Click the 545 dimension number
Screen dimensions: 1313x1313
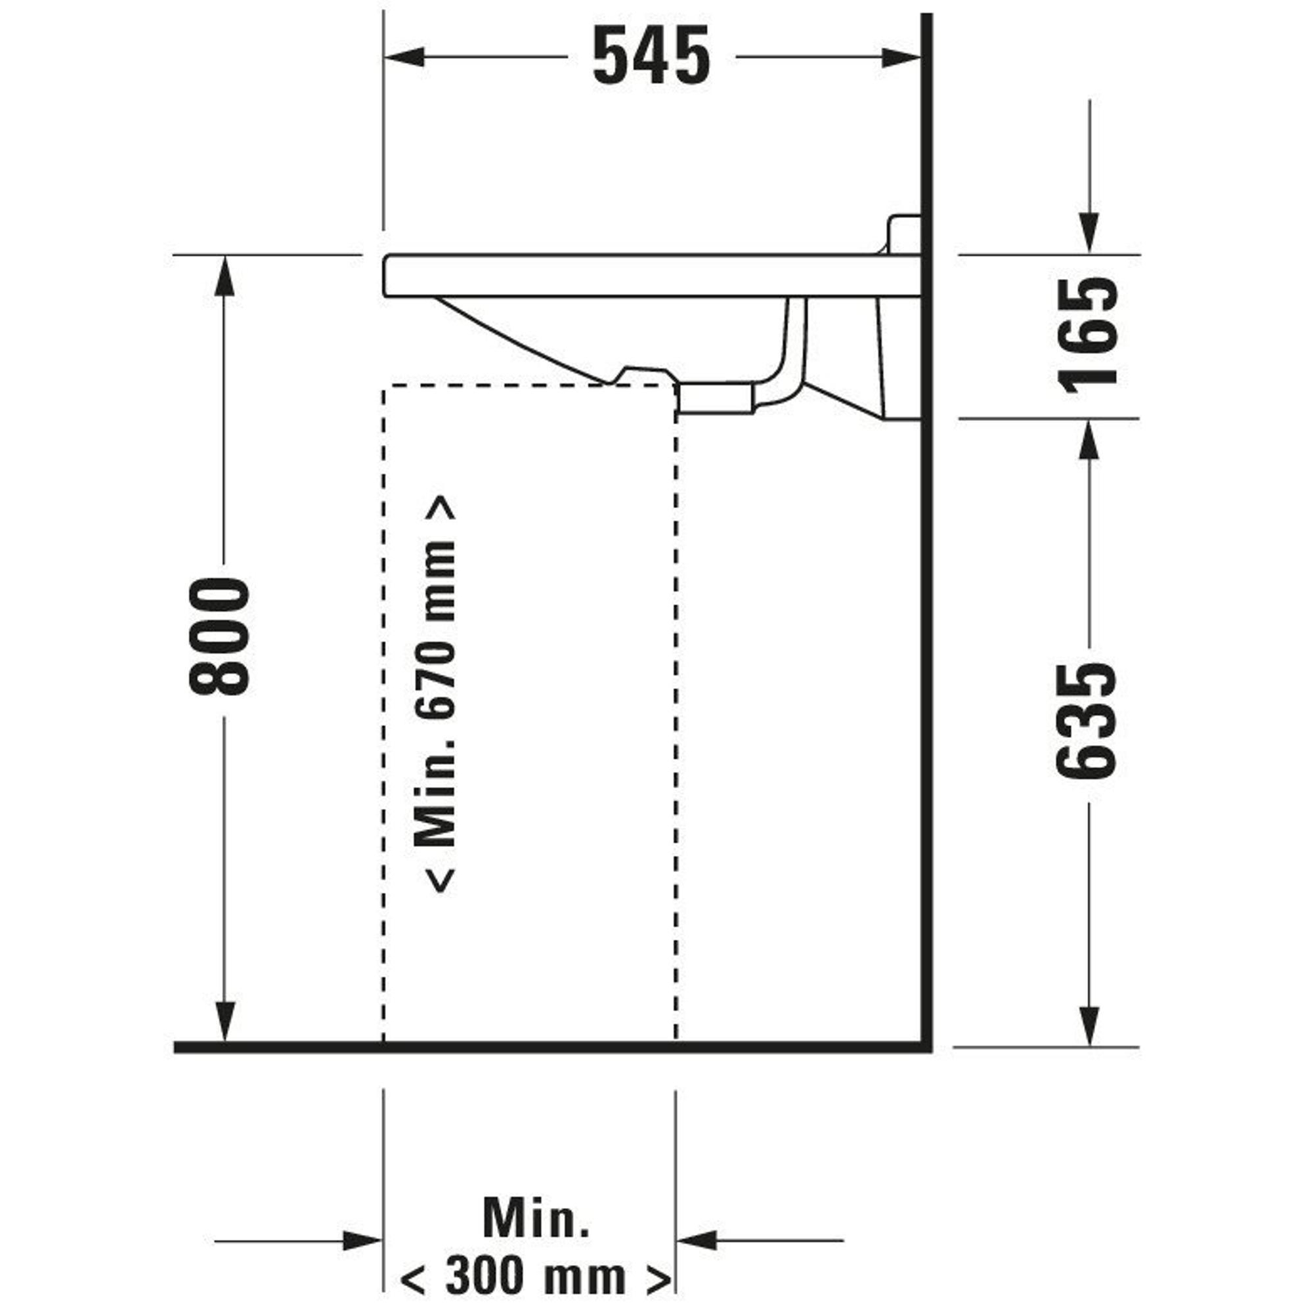point(651,56)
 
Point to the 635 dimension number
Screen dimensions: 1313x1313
point(1086,720)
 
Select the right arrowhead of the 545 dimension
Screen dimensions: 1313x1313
point(901,57)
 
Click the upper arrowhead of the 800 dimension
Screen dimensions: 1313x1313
point(225,275)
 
